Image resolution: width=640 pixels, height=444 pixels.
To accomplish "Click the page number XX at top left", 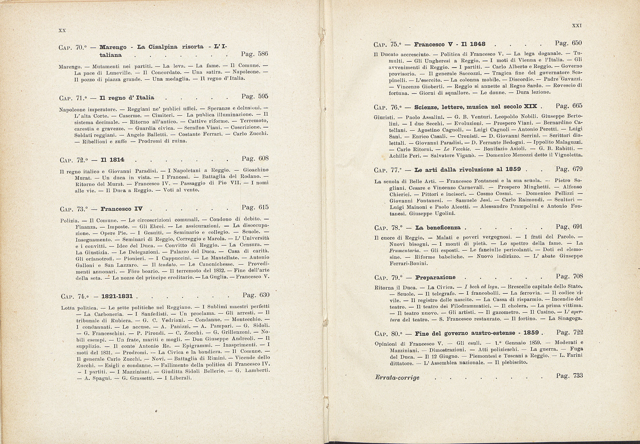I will point(62,30).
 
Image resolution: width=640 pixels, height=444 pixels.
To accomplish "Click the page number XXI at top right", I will point(577,26).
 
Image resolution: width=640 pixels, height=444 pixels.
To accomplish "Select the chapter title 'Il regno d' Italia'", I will point(127,97).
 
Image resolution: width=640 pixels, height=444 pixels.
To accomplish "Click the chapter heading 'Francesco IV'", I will point(121,209).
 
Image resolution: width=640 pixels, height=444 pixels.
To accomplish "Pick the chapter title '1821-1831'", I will point(120,296).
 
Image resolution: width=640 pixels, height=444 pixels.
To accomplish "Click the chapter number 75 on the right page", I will point(394,45).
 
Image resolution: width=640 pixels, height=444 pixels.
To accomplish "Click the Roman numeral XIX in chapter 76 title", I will point(530,106).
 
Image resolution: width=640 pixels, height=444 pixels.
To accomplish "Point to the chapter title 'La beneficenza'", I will point(438,227).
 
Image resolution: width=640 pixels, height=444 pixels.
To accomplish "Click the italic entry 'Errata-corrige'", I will point(397,378).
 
